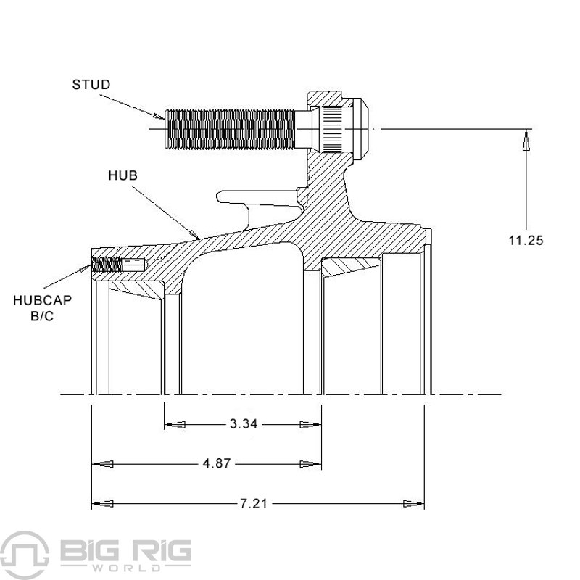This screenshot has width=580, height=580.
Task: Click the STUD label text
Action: tap(91, 85)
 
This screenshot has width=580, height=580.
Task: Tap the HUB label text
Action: tap(123, 175)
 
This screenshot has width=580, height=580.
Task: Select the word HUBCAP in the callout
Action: tap(42, 300)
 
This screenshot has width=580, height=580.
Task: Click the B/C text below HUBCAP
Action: tap(42, 316)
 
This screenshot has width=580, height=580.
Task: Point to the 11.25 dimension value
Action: tap(526, 241)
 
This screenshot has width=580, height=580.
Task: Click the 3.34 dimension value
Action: tap(244, 424)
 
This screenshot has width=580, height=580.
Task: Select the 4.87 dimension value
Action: tap(217, 463)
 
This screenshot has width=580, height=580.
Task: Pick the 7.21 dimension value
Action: tap(254, 503)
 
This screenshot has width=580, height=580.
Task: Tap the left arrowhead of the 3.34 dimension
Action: tap(175, 424)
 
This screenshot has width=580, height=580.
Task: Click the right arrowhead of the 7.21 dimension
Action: tap(413, 503)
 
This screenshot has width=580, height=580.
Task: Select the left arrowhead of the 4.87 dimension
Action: tap(102, 464)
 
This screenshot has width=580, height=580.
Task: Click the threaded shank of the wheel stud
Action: tap(230, 129)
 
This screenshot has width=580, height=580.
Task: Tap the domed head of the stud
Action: tap(360, 129)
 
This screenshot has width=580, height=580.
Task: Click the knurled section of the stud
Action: tap(332, 129)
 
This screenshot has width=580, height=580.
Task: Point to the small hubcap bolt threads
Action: tap(107, 264)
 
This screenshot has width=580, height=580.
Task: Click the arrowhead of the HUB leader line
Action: tap(195, 233)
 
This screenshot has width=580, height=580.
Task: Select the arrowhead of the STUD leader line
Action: tap(159, 117)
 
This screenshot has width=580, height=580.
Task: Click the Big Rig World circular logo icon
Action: tap(25, 555)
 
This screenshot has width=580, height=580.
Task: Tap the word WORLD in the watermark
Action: tap(126, 568)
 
